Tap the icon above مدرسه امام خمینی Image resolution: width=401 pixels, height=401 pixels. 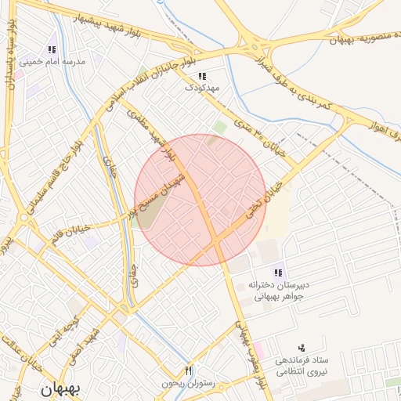pyautogui.click(x=52, y=49)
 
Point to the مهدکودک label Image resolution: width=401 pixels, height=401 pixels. pyautogui.click(x=201, y=89)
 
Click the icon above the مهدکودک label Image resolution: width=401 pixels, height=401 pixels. pyautogui.click(x=202, y=76)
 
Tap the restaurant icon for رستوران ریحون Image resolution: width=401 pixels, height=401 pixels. pyautogui.click(x=187, y=370)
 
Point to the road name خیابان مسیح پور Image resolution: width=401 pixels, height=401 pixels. pyautogui.click(x=182, y=192)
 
